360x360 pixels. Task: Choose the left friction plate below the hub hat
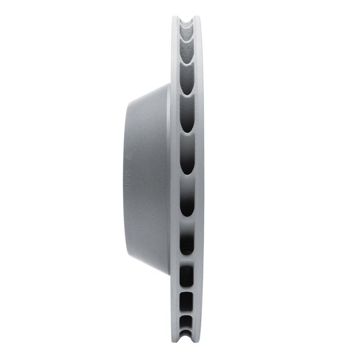[175, 310]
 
